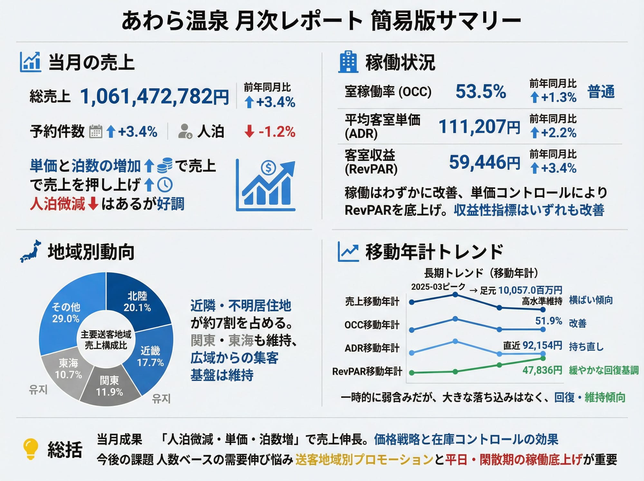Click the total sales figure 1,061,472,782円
pos(154,96)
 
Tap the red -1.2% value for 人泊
pos(277,132)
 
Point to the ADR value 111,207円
pos(479,126)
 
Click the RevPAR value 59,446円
pos(484,162)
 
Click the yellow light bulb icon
pos(31,448)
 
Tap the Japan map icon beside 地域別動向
pos(31,251)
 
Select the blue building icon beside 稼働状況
pos(348,62)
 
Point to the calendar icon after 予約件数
pos(95,131)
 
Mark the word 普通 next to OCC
pos(601,91)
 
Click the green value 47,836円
pos(542,370)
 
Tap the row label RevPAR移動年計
pos(367,371)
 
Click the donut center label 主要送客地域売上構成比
pos(106,340)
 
